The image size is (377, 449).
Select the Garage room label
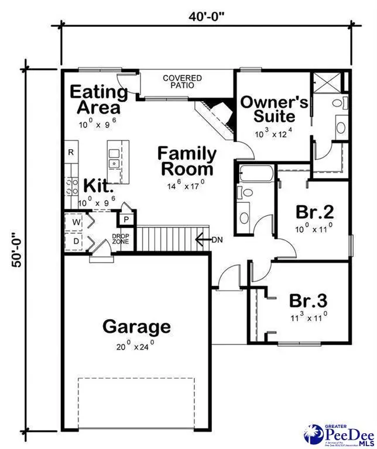(136, 326)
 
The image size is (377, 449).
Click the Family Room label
(187, 162)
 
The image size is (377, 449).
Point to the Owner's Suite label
(274, 108)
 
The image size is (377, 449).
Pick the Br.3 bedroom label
(308, 301)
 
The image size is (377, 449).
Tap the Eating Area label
(99, 100)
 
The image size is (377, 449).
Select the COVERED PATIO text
(182, 82)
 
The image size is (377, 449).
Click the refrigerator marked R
(71, 153)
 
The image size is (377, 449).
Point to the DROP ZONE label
(120, 239)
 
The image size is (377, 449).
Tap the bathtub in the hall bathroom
(256, 174)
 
